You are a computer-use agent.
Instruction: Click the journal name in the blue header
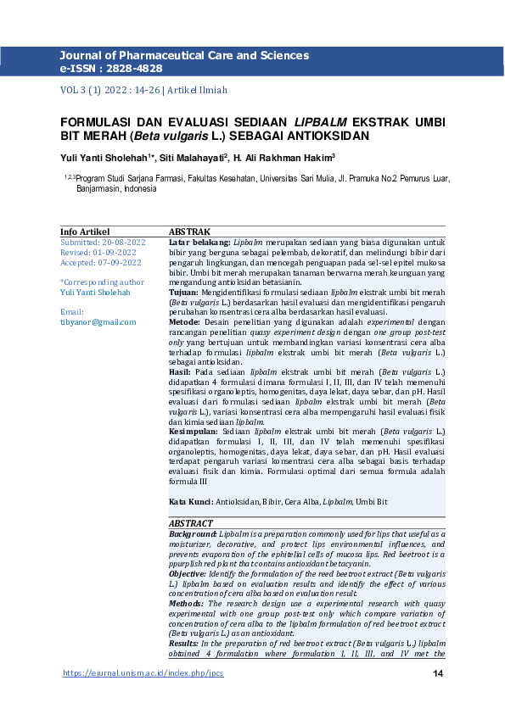184,55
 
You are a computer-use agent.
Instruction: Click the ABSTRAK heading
189,231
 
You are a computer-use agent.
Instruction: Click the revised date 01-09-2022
116,252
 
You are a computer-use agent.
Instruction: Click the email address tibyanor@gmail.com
98,321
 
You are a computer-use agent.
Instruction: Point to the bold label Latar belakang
199,242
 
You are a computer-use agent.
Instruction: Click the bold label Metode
184,322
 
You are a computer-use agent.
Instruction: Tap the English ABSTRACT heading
191,523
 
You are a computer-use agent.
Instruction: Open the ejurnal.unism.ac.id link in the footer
144,673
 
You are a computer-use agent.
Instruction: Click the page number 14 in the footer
438,673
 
